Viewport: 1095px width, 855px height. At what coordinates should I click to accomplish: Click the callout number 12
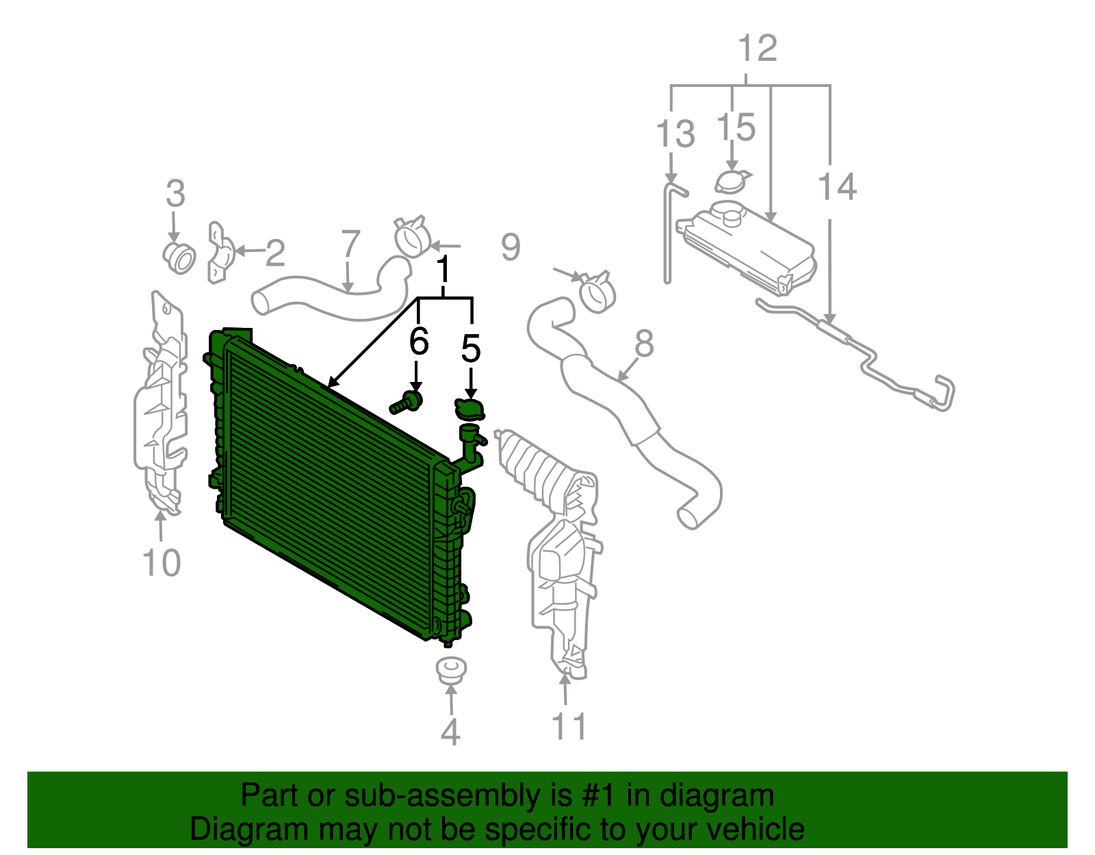tap(758, 49)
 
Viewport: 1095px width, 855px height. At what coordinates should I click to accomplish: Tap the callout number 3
tap(175, 194)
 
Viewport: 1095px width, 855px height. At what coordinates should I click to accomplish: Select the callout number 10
tap(162, 563)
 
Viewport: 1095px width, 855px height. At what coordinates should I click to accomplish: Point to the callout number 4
tap(450, 732)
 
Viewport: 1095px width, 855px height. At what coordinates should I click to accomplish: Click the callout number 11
tap(569, 726)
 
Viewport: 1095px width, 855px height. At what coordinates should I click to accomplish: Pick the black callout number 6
tap(418, 341)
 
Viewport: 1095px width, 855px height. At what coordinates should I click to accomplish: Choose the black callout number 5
tap(471, 348)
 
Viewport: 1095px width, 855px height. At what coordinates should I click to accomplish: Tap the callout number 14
tap(838, 187)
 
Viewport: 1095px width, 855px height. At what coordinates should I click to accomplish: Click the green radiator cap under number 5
tap(469, 409)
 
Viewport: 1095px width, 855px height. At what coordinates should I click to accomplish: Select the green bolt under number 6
tap(408, 403)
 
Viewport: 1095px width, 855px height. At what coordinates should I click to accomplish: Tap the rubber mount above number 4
tap(452, 669)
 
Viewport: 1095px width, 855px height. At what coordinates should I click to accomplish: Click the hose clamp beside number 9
tap(597, 293)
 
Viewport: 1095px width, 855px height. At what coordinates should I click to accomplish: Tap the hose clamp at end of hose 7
tap(413, 237)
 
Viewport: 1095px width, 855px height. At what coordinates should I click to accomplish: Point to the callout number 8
tap(644, 344)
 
